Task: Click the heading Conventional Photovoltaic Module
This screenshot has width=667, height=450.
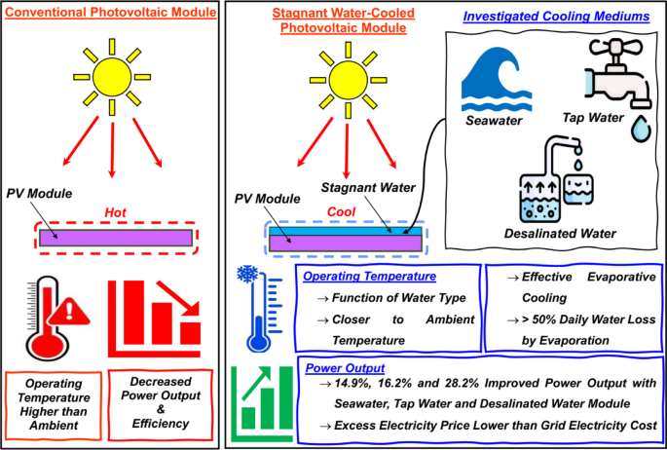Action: (x=110, y=16)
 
